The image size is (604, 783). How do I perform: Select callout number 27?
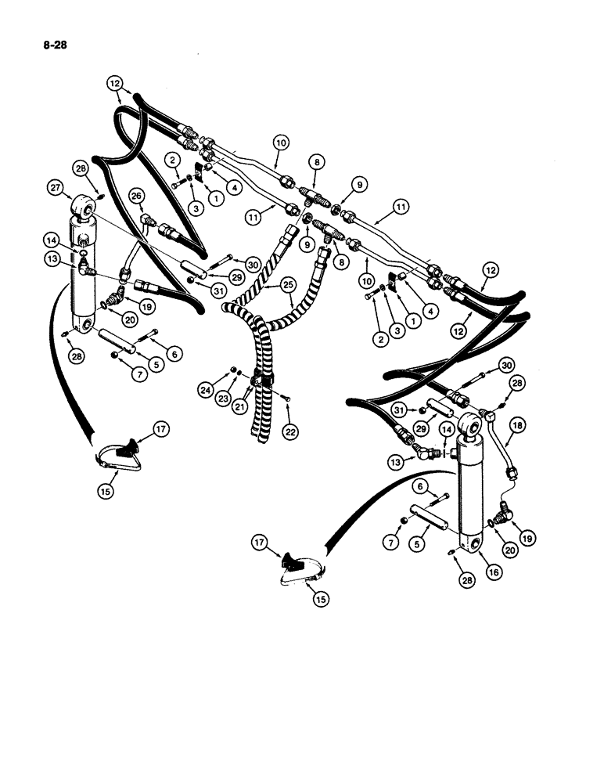point(55,187)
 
